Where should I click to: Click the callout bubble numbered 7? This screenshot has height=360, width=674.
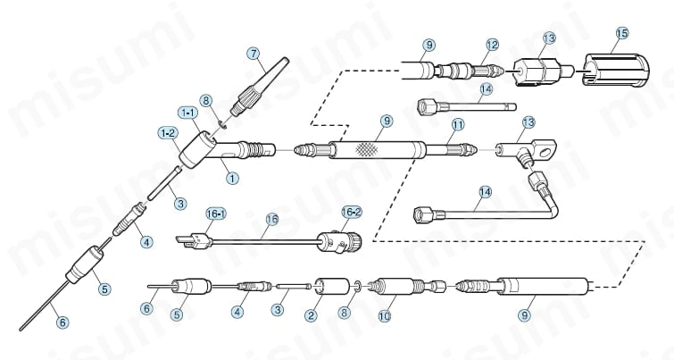click(x=254, y=54)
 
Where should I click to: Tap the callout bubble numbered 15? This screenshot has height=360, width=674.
click(x=621, y=33)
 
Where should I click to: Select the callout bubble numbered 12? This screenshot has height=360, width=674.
click(x=492, y=45)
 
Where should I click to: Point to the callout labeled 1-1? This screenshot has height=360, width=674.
click(x=187, y=113)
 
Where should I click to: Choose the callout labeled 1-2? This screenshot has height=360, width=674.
click(x=168, y=133)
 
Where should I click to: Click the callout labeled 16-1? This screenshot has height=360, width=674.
click(x=217, y=213)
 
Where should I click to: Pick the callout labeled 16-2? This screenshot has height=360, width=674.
click(x=352, y=212)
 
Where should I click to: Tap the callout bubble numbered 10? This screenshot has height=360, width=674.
click(x=385, y=316)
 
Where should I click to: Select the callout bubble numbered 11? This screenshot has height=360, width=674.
click(x=458, y=125)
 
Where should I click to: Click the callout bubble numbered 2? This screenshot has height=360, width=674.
click(x=311, y=315)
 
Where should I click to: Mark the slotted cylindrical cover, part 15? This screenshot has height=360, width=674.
click(x=616, y=69)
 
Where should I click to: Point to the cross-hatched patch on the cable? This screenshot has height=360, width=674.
click(x=367, y=149)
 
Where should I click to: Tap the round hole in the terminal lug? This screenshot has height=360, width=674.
click(x=547, y=152)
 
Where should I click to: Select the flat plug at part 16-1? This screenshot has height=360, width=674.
click(x=194, y=240)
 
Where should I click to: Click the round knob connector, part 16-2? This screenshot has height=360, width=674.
click(x=339, y=242)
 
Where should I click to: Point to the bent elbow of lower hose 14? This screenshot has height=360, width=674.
click(x=553, y=209)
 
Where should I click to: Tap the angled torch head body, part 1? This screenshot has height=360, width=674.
click(x=220, y=150)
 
